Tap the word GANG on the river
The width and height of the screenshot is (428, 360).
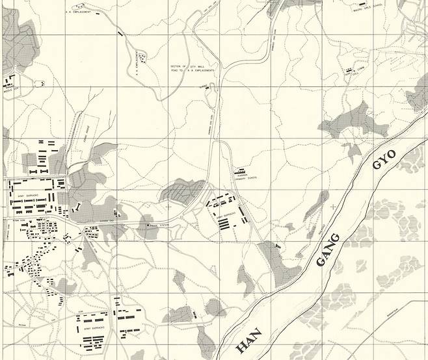pos(328,250)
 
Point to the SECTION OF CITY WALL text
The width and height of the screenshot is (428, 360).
pos(183,66)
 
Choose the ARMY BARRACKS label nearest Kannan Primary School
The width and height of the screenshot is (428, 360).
pos(227,215)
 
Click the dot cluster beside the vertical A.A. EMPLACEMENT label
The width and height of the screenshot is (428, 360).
pos(143,60)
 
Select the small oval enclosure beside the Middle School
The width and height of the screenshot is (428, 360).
pos(40,83)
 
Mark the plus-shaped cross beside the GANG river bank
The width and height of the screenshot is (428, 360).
pos(334,206)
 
